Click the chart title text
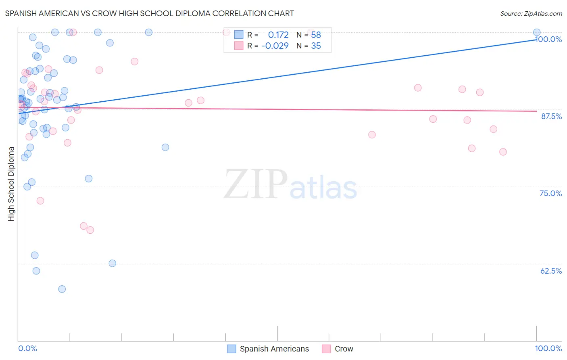149,13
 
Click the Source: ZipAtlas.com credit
531,14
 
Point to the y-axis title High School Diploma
11,184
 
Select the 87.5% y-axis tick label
551,116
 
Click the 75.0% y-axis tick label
550,193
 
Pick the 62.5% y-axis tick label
551,271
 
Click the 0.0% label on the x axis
27,348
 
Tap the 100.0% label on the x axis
548,348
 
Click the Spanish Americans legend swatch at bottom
231,349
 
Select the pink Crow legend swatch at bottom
326,349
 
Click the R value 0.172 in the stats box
278,35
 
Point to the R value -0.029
275,46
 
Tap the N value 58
316,35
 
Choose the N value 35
316,46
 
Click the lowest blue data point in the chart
62,289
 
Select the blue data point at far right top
537,32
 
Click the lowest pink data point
90,230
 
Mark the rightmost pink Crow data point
503,152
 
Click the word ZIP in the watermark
255,184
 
